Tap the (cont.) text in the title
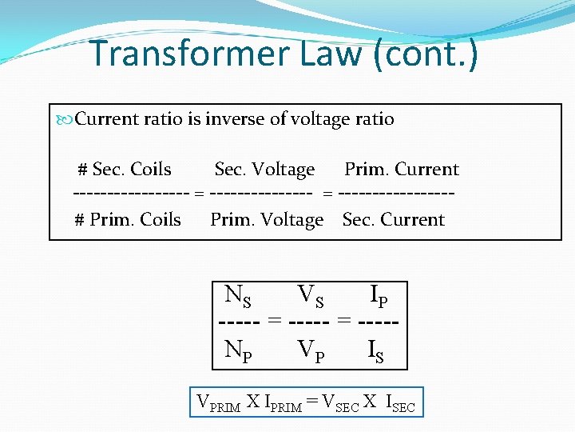click(x=438, y=54)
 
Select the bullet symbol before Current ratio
click(x=65, y=120)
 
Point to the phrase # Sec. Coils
click(x=124, y=170)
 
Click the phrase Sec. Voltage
click(x=264, y=170)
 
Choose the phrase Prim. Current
click(x=402, y=170)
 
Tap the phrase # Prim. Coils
click(x=128, y=220)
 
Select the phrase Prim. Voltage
click(x=267, y=220)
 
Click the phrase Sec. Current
click(x=393, y=220)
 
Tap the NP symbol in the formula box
click(x=238, y=350)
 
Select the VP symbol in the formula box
click(x=311, y=350)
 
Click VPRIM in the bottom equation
click(x=218, y=403)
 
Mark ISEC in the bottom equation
click(x=400, y=403)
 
